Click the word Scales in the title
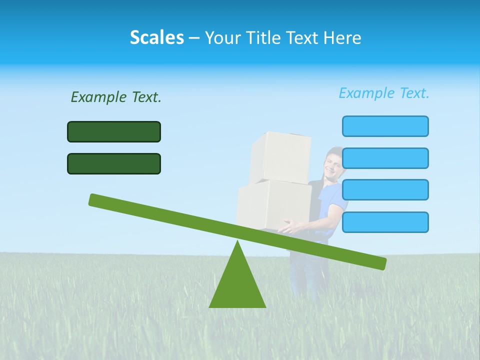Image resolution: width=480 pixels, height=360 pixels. pyautogui.click(x=156, y=37)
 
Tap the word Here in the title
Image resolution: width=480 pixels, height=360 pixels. pyautogui.click(x=342, y=37)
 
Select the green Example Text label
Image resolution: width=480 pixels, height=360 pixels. pyautogui.click(x=116, y=97)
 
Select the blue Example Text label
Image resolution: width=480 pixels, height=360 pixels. pyautogui.click(x=384, y=93)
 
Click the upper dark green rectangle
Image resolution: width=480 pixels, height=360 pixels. pyautogui.click(x=114, y=131)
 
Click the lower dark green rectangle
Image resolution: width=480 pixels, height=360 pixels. pyautogui.click(x=114, y=163)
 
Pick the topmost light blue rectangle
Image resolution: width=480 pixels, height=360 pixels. pyautogui.click(x=385, y=126)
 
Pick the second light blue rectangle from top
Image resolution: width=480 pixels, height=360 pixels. pyautogui.click(x=385, y=158)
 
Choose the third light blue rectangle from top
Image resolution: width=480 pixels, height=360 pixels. pyautogui.click(x=385, y=190)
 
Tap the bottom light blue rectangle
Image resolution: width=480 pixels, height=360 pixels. pyautogui.click(x=385, y=222)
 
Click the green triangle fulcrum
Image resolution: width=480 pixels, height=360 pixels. pyautogui.click(x=237, y=285)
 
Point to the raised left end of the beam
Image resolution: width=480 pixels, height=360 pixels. pyautogui.click(x=95, y=199)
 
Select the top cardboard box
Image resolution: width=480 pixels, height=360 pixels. pyautogui.click(x=280, y=157)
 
